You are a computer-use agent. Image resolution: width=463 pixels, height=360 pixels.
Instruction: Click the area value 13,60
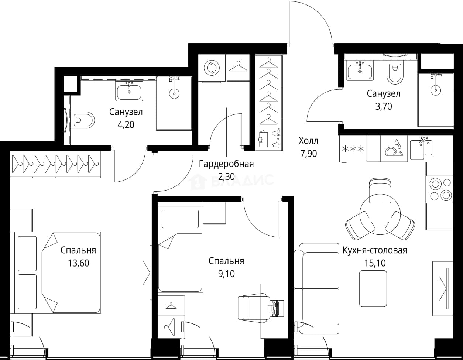click(78, 263)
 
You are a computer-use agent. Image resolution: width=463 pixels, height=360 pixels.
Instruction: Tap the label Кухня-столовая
click(375, 250)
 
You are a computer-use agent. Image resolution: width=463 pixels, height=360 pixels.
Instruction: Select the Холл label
click(309, 141)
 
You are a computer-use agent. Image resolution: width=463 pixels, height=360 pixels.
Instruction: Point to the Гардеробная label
click(226, 164)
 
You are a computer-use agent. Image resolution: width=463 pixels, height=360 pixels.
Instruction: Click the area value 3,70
click(384, 106)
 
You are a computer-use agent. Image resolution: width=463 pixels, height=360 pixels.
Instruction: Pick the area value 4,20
click(126, 125)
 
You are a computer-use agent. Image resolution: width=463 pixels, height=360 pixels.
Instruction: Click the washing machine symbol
click(212, 68)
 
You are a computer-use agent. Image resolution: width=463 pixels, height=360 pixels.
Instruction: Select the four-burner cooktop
click(439, 189)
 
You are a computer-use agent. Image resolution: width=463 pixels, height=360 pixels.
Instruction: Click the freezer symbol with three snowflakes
click(353, 149)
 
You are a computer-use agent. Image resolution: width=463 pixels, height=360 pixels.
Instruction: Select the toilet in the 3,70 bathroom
click(395, 73)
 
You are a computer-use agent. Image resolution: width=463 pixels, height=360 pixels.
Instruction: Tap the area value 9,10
click(226, 274)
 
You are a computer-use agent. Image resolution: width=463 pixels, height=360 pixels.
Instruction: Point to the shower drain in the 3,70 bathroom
click(435, 90)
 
